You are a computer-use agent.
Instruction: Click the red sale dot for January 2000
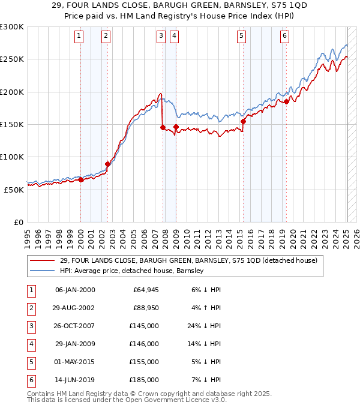(80, 179)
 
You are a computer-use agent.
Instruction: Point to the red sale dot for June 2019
(287, 101)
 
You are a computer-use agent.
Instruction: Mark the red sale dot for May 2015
(243, 121)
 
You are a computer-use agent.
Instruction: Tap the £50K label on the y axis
(14, 189)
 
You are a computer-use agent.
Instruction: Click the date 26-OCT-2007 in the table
(75, 326)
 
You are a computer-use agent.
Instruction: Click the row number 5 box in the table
(30, 362)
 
